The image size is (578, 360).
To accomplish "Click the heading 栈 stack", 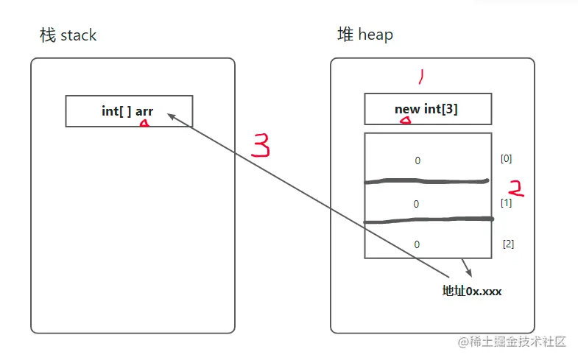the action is [x=68, y=35].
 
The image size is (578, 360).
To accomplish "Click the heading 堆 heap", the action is [x=364, y=35].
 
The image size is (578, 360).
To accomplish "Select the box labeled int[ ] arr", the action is [x=129, y=111].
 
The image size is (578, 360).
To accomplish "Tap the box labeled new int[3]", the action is [x=427, y=109].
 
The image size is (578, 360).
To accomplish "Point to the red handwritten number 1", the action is [x=421, y=77].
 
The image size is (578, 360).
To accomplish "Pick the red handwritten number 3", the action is [x=261, y=146].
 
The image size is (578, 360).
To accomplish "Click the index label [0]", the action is [x=506, y=158].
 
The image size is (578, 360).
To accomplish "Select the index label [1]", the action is [x=506, y=202].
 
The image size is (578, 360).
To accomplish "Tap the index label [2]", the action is [x=508, y=244].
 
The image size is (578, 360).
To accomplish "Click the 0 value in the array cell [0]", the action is [x=417, y=160].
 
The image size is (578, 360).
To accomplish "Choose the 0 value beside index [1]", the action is [x=417, y=204].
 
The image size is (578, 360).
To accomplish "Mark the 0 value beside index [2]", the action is [x=417, y=244].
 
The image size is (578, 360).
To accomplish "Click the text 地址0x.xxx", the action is [x=472, y=291].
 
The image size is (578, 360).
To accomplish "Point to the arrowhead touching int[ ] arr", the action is [x=171, y=116].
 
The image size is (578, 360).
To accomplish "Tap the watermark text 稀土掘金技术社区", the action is [x=518, y=342].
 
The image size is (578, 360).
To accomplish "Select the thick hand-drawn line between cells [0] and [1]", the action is [x=427, y=181].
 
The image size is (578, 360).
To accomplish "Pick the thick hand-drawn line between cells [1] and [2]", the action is [x=427, y=220].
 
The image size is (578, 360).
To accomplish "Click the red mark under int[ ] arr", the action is [x=144, y=125].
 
